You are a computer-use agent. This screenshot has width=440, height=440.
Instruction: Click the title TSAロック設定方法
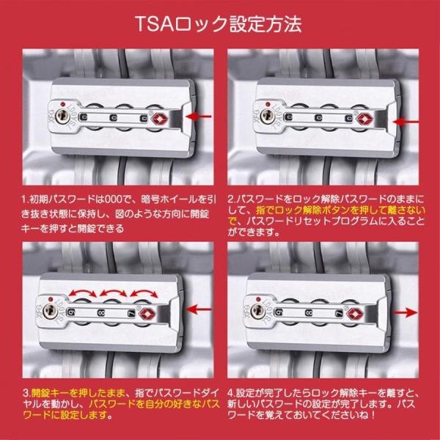(219, 24)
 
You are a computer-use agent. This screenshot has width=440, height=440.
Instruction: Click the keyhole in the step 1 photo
(62, 116)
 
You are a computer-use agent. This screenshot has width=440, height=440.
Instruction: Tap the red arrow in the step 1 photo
(199, 117)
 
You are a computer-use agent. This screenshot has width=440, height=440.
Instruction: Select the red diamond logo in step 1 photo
(160, 118)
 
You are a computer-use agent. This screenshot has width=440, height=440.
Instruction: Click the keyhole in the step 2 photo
(268, 116)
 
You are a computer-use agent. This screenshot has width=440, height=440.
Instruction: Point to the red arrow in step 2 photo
(406, 122)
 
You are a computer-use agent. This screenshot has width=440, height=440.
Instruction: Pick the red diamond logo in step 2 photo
(364, 119)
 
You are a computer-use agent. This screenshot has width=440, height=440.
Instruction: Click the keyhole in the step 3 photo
(50, 310)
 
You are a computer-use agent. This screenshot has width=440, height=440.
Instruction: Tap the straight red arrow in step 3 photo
(199, 309)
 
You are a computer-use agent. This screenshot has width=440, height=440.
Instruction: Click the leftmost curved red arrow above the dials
(82, 292)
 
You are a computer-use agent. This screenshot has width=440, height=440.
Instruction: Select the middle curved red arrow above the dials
(113, 292)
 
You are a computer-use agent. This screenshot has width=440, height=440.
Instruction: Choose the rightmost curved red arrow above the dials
(144, 292)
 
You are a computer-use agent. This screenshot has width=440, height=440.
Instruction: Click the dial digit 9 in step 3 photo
(70, 312)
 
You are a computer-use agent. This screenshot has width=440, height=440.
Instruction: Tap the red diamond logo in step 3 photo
(147, 313)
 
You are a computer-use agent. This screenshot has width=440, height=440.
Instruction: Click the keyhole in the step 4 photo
(258, 310)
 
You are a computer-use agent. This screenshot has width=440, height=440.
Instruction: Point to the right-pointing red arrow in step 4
(406, 312)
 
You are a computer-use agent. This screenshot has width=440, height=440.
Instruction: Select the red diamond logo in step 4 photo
(355, 313)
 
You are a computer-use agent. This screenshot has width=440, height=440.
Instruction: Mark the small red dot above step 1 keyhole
(63, 104)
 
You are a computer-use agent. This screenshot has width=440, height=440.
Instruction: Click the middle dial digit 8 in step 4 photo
(309, 312)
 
